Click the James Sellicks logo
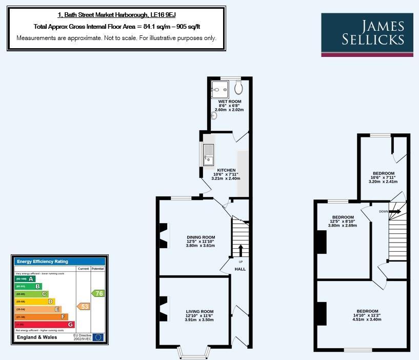click(x=367, y=34)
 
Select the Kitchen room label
click(x=226, y=170)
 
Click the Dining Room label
click(x=201, y=237)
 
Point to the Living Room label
click(x=199, y=311)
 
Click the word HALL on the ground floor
click(x=240, y=269)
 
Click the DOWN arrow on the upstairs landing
click(x=395, y=211)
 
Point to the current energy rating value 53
click(x=84, y=306)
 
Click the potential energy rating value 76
click(x=98, y=293)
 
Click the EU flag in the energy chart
click(x=98, y=337)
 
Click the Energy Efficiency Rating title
click(x=43, y=262)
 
